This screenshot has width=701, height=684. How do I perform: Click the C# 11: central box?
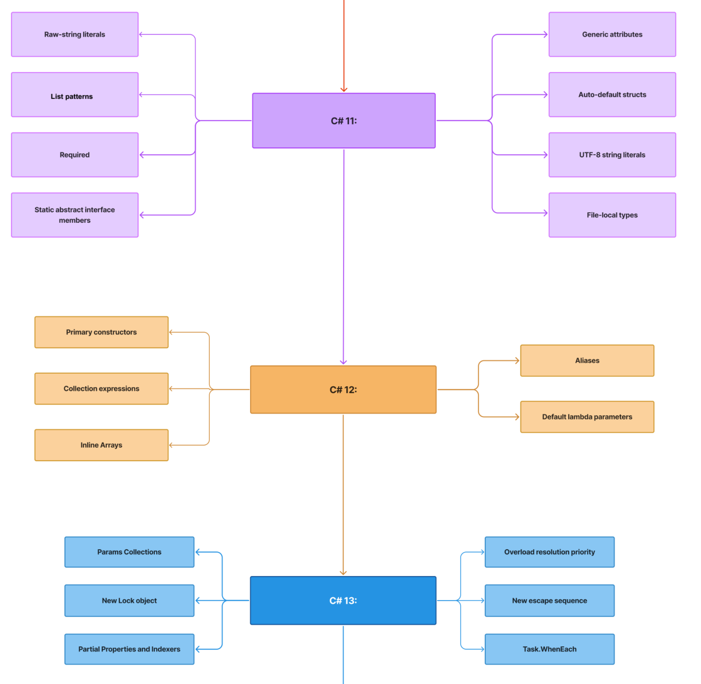[343, 121]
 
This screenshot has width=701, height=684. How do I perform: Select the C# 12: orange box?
[343, 389]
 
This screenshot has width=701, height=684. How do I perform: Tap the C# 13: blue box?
[343, 600]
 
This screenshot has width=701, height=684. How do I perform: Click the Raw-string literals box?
[74, 34]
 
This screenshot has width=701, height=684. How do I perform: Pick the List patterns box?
[74, 95]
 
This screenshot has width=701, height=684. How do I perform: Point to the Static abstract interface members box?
[74, 215]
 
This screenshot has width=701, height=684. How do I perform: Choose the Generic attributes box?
[612, 34]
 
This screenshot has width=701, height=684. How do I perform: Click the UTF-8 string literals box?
[612, 155]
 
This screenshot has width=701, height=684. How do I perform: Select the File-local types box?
[612, 215]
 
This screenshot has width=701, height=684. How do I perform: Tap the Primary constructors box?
[101, 332]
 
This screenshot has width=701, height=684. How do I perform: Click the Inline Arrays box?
[101, 445]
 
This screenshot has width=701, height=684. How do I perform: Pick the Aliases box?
[587, 361]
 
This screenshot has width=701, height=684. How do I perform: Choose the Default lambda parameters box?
[587, 417]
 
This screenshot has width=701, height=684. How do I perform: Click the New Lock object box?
[129, 600]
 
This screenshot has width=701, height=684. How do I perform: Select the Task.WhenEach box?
[549, 649]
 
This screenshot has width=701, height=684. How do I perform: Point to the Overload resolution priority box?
[549, 552]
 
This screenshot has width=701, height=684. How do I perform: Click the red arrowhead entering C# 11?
[344, 90]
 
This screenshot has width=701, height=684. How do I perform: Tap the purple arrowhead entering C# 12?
[343, 362]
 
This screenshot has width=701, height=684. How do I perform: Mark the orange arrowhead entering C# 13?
[343, 573]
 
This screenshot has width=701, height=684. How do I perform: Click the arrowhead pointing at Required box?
[142, 155]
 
